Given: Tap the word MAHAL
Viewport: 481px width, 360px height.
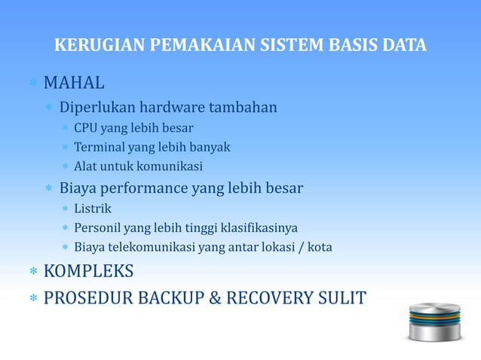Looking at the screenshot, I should point(74,81).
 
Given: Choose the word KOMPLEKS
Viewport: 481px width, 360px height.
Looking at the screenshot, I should point(88,271).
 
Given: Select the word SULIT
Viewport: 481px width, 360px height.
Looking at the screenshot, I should point(339,298).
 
